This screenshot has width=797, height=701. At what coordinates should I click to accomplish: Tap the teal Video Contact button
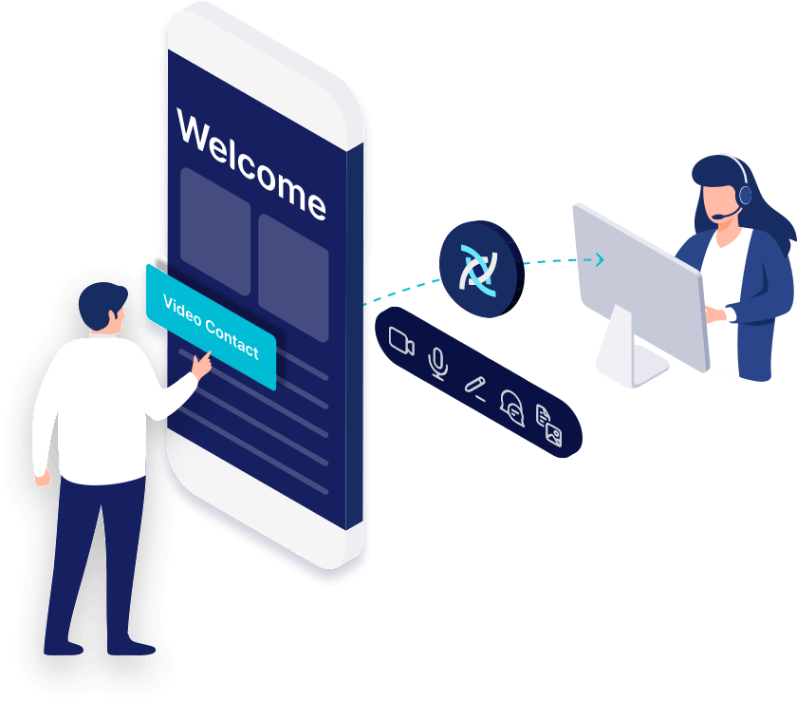211,327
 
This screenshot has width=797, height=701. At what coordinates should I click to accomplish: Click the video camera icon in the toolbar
401,341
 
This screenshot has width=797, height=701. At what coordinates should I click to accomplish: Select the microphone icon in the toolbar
438,363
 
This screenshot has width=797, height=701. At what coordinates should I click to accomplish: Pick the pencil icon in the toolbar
475,388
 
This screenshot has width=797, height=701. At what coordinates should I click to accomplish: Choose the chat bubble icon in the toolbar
511,408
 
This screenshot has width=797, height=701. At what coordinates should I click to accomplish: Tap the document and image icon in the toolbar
549,426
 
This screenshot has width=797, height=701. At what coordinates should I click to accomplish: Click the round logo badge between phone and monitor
481,269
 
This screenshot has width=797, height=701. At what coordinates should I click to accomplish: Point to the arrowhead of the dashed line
600,259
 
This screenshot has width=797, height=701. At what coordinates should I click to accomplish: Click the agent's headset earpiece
745,194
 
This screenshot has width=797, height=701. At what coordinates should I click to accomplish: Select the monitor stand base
633,364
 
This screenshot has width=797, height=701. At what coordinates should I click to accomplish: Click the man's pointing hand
202,365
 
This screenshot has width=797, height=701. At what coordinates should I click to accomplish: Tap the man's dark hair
102,304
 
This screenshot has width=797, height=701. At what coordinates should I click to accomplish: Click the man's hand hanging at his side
43,478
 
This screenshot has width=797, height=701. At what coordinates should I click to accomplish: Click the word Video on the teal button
182,311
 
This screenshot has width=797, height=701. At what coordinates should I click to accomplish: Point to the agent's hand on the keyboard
715,314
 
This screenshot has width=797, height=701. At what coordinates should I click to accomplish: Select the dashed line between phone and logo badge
401,291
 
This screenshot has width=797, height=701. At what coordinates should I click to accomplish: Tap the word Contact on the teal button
232,338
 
